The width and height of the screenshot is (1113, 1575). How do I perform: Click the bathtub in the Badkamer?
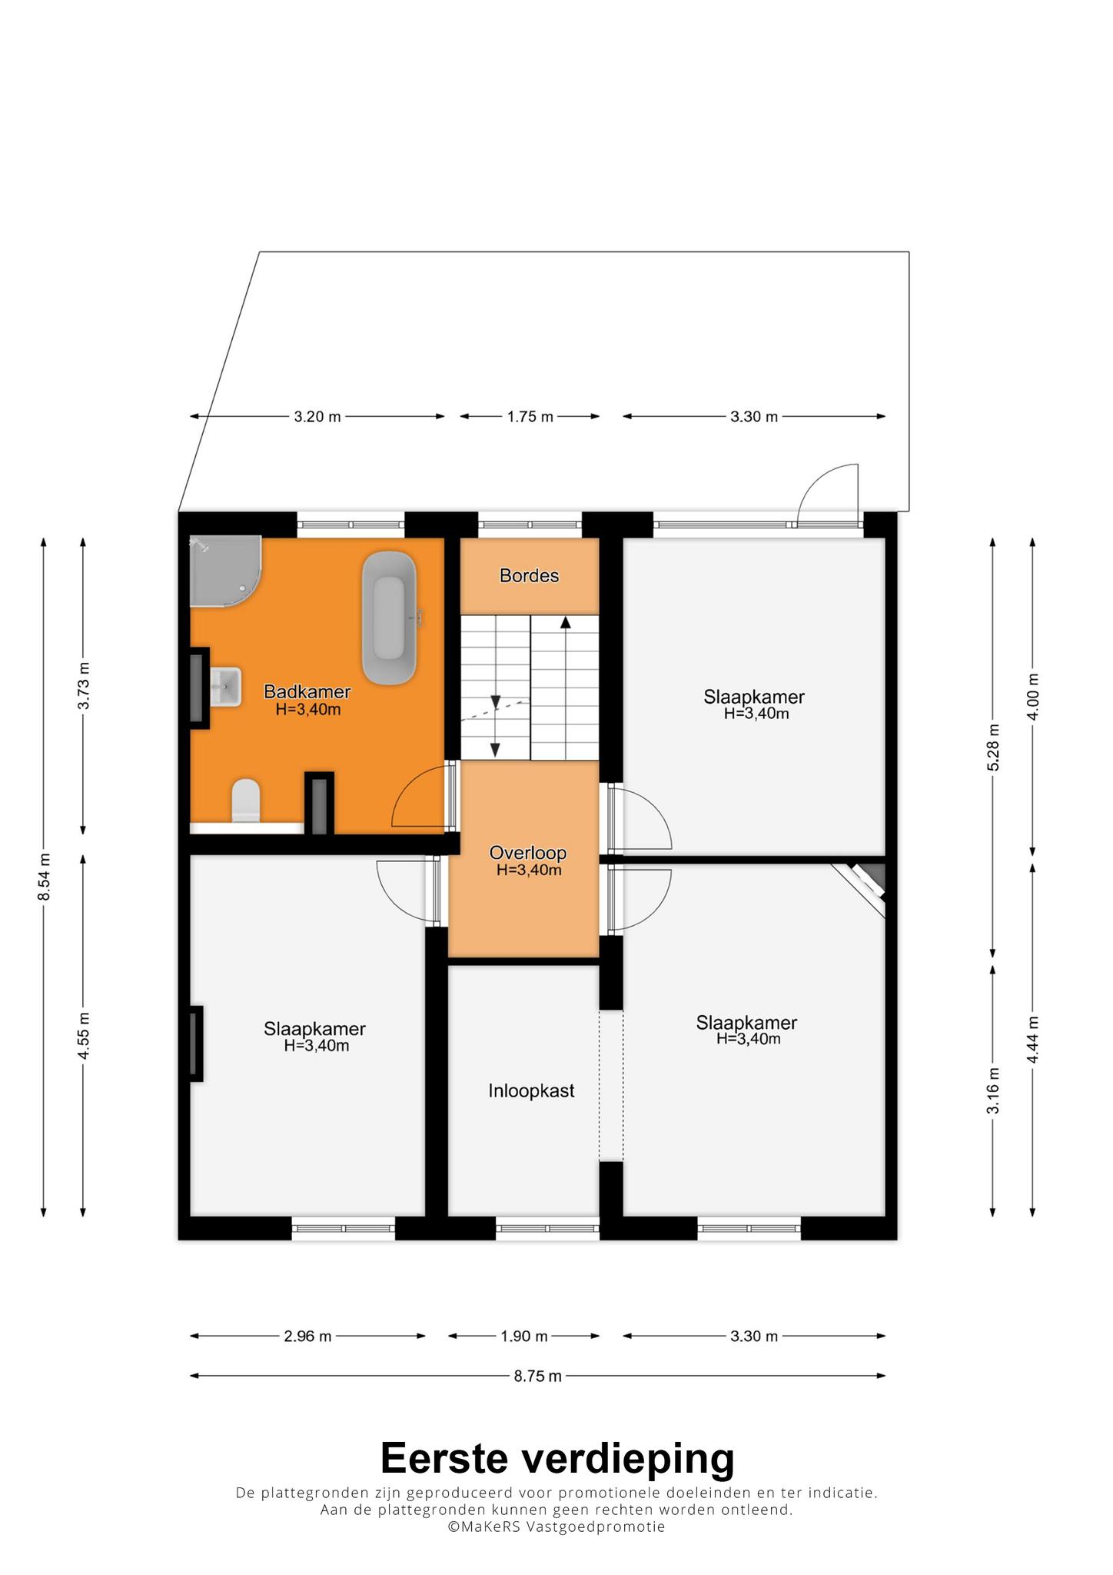(x=390, y=618)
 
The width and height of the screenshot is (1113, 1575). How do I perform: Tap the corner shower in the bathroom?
(x=224, y=571)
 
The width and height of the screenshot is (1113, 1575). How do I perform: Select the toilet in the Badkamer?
(x=246, y=800)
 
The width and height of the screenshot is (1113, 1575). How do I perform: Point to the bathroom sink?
(x=225, y=686)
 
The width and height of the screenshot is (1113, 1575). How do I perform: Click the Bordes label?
(x=529, y=575)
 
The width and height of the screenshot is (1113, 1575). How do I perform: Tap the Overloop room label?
(x=528, y=853)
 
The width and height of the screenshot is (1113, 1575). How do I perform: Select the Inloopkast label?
(x=531, y=1091)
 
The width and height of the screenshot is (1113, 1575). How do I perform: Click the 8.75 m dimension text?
(x=538, y=1376)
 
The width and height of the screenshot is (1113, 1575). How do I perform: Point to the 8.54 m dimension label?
(x=45, y=877)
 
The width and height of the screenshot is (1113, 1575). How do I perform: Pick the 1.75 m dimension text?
(x=530, y=417)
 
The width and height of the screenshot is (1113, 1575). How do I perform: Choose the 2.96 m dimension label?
(x=307, y=1336)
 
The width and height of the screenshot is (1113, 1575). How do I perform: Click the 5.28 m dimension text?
(x=994, y=748)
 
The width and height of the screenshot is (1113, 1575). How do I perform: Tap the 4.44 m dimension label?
(x=1033, y=1040)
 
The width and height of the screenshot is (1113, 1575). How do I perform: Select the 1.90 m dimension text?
(x=524, y=1336)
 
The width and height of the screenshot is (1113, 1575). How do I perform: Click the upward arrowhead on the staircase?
(x=566, y=622)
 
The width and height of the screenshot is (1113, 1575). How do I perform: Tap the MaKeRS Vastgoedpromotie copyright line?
(x=556, y=1527)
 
